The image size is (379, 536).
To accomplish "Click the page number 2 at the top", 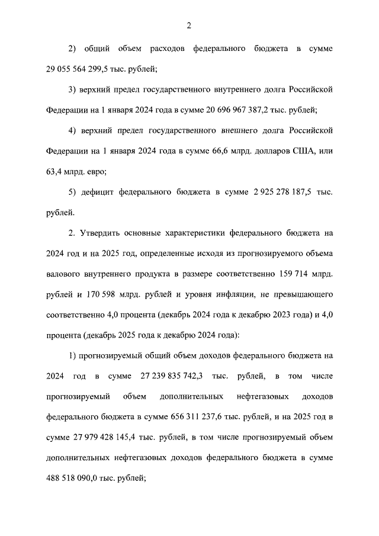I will (x=189, y=25).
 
